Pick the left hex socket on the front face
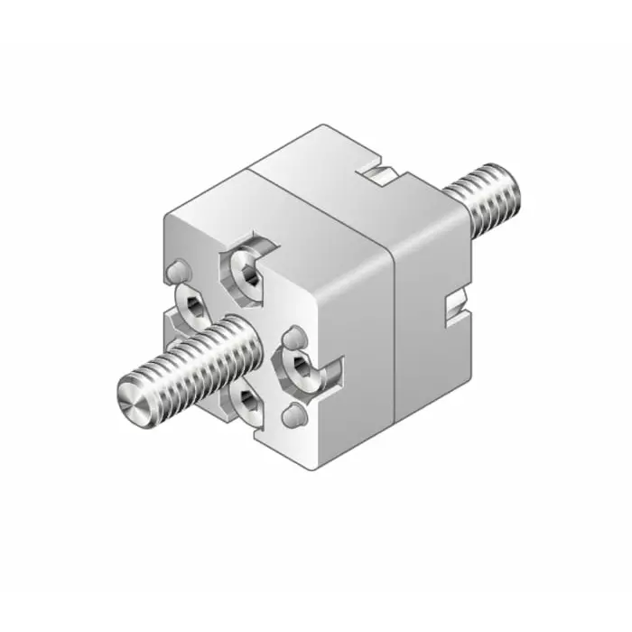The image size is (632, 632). (x=193, y=308)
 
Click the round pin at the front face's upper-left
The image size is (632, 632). (x=178, y=270)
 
